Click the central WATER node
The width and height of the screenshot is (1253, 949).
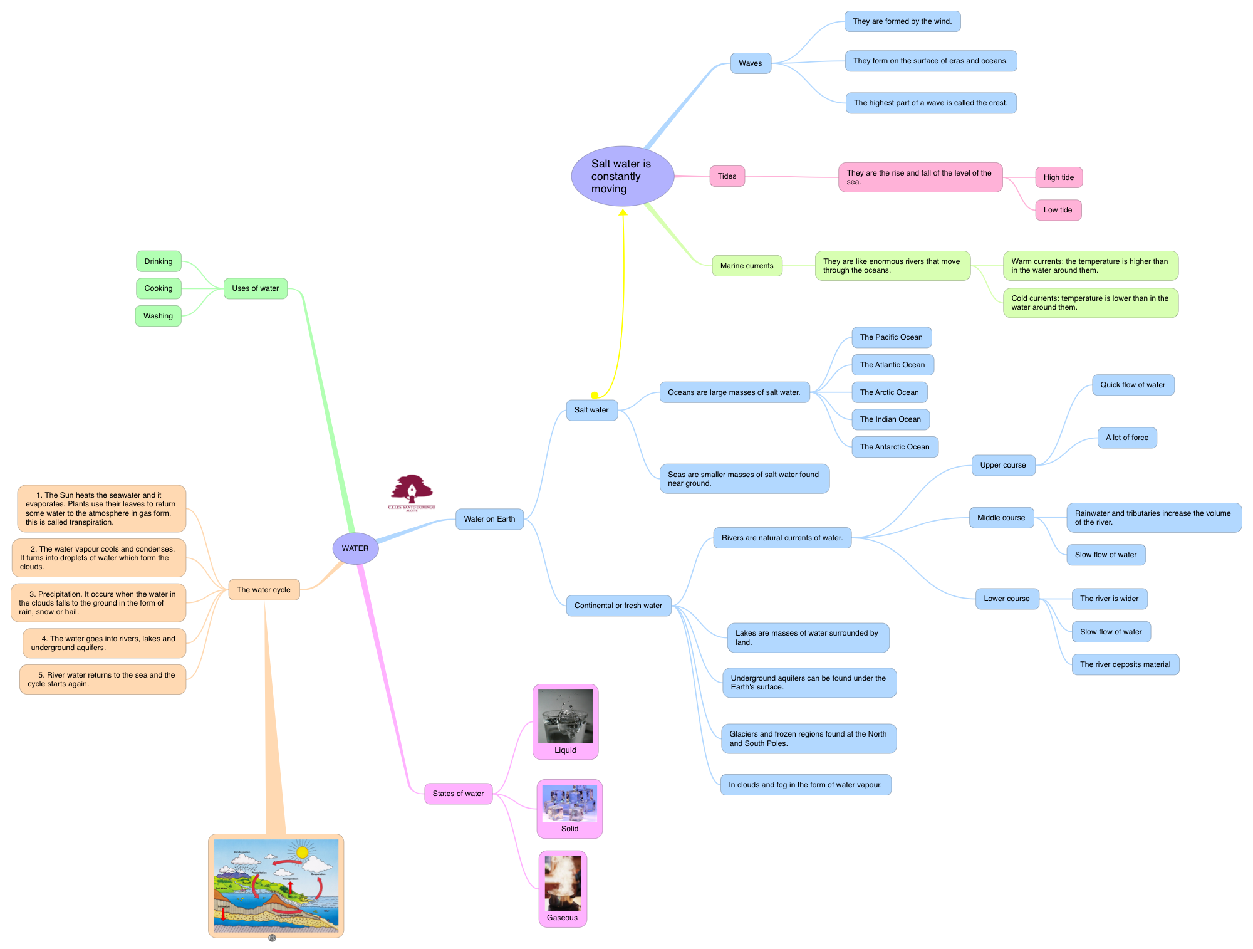355,548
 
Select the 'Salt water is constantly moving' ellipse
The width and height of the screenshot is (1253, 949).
622,176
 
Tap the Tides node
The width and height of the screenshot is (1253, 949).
727,176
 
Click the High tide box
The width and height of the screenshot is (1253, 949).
1058,177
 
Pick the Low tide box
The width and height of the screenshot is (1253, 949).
1058,210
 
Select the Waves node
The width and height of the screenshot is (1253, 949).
750,63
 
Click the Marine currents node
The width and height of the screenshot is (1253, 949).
746,266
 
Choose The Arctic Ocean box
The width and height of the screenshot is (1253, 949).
889,392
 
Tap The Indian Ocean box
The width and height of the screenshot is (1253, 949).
890,419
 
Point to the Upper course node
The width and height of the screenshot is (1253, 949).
1002,465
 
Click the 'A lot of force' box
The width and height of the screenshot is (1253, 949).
1126,438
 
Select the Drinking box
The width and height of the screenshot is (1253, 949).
159,261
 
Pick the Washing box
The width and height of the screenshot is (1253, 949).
158,316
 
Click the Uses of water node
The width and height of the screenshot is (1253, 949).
255,288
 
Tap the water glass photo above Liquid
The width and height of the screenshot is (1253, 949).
565,716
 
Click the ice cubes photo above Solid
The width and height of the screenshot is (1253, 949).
569,803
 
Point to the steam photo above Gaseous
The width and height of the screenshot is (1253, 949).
563,883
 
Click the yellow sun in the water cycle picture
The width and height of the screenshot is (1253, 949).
303,852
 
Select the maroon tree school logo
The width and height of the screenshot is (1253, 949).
412,491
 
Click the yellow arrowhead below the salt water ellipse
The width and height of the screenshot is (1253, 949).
623,212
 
